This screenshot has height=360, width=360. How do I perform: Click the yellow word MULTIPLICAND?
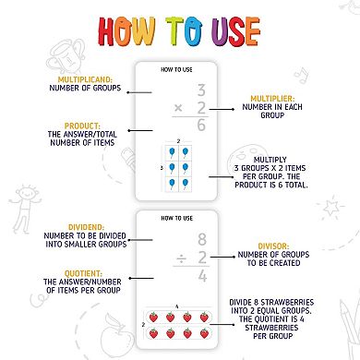(x=85, y=79)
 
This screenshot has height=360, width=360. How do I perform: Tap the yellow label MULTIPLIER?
(x=272, y=99)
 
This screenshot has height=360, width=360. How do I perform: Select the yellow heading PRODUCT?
(x=82, y=126)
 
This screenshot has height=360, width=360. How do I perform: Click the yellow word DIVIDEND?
(x=86, y=227)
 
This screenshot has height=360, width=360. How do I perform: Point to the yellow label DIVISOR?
(x=273, y=246)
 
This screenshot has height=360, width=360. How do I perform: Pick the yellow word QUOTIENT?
(x=82, y=273)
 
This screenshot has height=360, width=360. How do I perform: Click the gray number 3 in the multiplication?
(x=201, y=90)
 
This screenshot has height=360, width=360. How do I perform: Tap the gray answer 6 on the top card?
(x=201, y=125)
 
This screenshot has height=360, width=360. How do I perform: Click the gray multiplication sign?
(x=178, y=108)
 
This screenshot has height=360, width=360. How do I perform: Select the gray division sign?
(x=182, y=260)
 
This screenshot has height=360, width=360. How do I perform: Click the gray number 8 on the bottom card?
(x=202, y=239)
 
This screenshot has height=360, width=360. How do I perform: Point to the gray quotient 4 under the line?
(x=202, y=276)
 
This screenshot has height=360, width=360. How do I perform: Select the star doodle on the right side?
(x=330, y=207)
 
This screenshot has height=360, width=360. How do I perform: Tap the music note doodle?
(x=301, y=76)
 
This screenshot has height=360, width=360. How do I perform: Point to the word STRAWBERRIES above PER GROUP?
(x=271, y=328)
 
